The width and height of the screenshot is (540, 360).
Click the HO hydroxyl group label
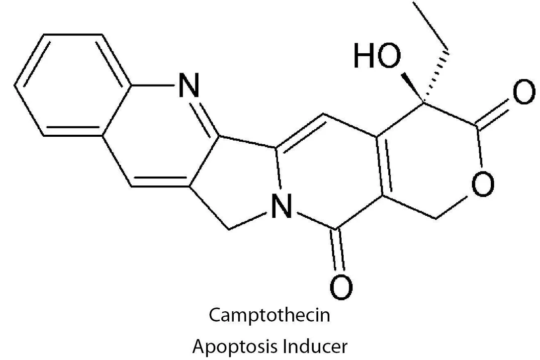coord(377,55)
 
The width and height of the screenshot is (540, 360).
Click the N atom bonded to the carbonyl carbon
coord(282,206)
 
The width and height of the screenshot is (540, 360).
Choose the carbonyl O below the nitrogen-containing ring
coord(341,287)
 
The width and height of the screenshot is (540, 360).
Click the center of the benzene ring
coord(73,85)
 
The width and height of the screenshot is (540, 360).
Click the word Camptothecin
coord(270,315)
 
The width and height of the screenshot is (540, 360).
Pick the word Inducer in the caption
coord(315,346)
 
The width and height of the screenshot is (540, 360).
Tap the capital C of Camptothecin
coord(215,315)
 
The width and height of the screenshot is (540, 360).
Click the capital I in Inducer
coord(284,346)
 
